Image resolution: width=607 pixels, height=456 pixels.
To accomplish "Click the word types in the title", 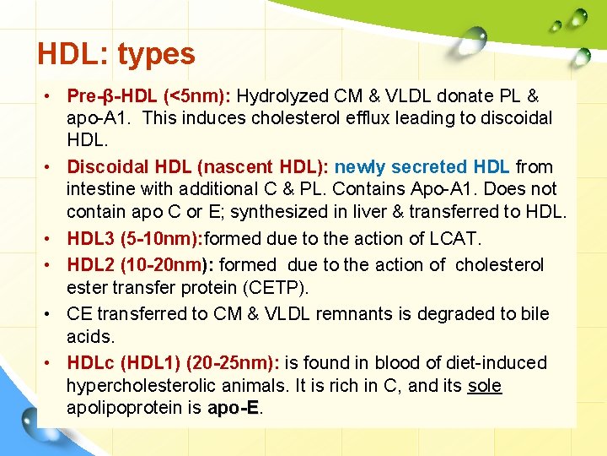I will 156,54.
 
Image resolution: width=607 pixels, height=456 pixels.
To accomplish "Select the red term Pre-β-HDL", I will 112,96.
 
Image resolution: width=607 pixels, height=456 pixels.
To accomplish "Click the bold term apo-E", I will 234,408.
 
